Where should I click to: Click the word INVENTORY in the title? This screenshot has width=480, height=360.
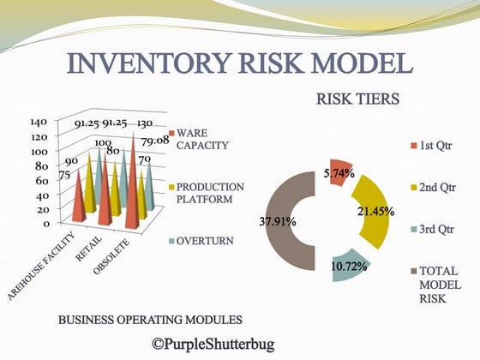pos(152,64)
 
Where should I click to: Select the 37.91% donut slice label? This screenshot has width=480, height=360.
pos(278,221)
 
